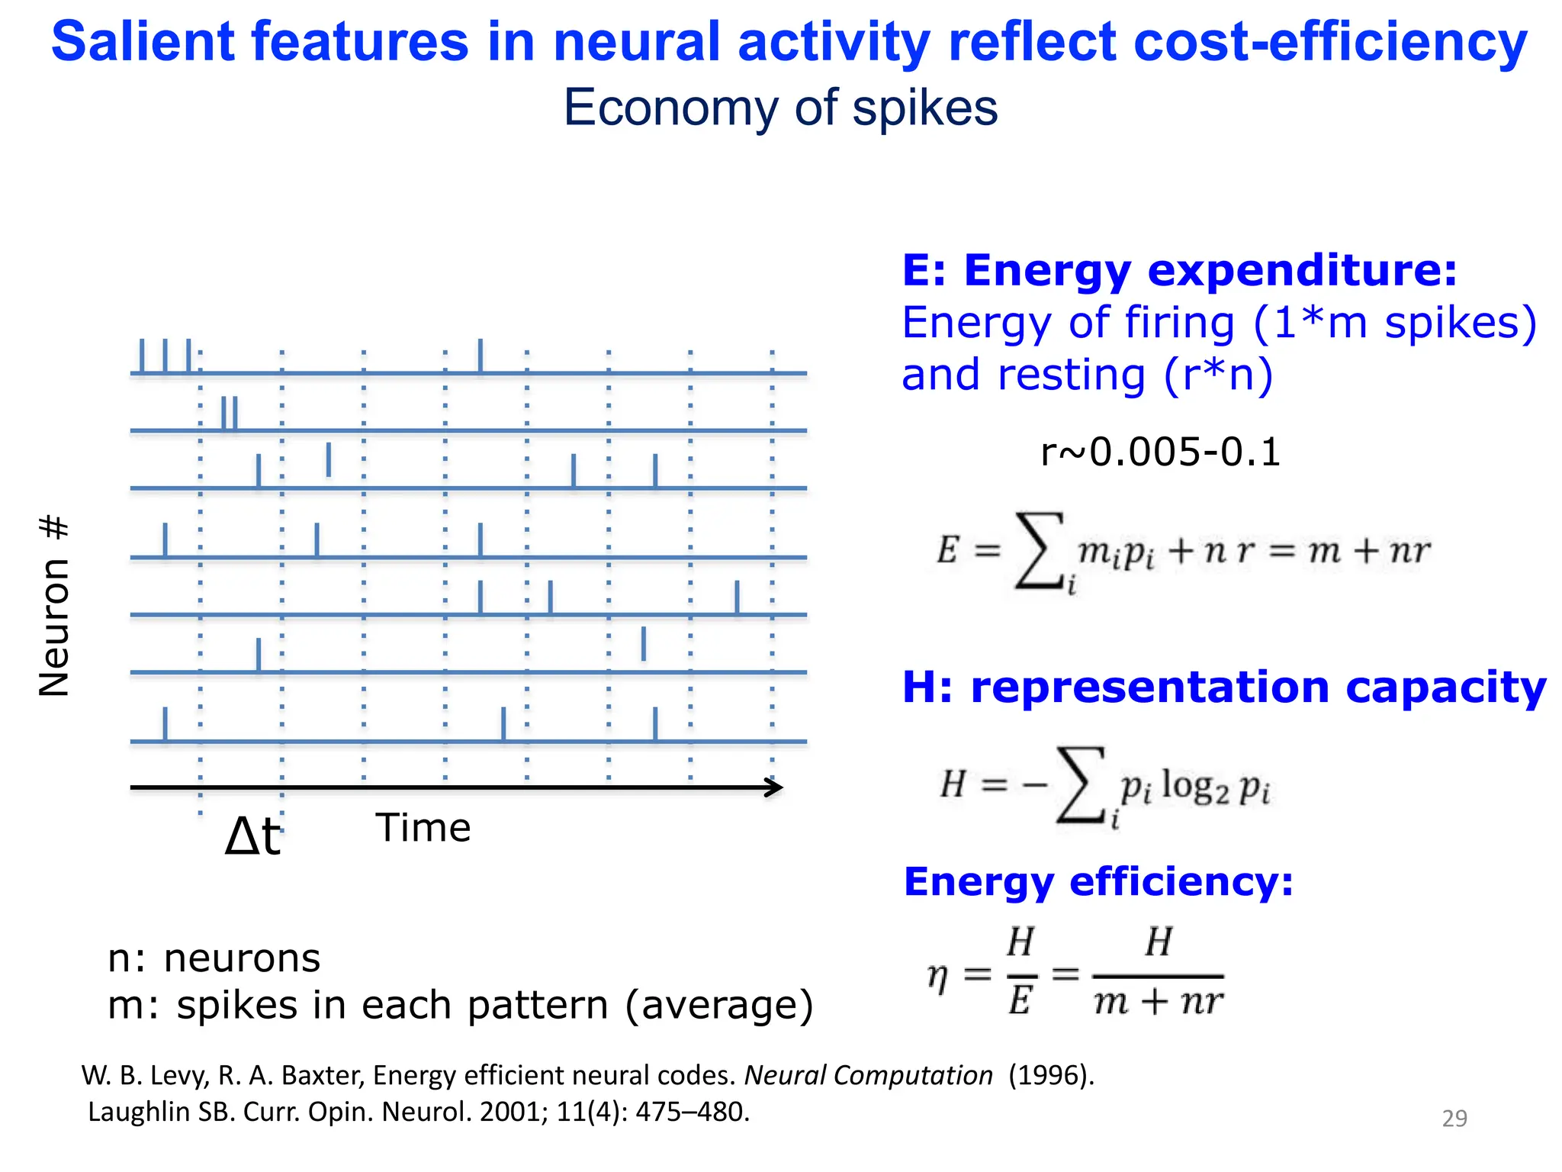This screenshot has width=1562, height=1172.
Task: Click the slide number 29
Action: pyautogui.click(x=1454, y=1118)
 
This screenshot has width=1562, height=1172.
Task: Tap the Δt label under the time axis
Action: pyautogui.click(x=253, y=836)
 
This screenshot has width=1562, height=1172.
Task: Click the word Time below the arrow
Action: pyautogui.click(x=423, y=828)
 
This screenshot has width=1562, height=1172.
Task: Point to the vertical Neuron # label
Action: pyautogui.click(x=54, y=606)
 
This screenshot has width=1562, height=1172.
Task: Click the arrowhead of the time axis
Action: pyautogui.click(x=774, y=787)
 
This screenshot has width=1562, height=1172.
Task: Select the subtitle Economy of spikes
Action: pyautogui.click(x=780, y=108)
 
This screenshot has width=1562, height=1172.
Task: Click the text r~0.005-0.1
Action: pyautogui.click(x=1160, y=452)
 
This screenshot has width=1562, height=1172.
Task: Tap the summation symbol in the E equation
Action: pyautogui.click(x=1039, y=551)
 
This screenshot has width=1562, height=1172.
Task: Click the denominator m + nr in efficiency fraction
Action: pyautogui.click(x=1158, y=1002)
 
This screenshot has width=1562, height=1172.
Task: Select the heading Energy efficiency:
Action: pyautogui.click(x=1098, y=882)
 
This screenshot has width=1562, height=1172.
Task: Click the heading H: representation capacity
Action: pyautogui.click(x=1223, y=687)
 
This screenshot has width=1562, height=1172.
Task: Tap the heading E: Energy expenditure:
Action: pyautogui.click(x=1179, y=270)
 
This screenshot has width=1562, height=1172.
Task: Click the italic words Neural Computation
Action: pyautogui.click(x=868, y=1075)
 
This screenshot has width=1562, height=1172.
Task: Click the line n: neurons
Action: pyautogui.click(x=214, y=958)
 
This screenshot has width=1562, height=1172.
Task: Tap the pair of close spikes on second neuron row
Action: pyautogui.click(x=230, y=413)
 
